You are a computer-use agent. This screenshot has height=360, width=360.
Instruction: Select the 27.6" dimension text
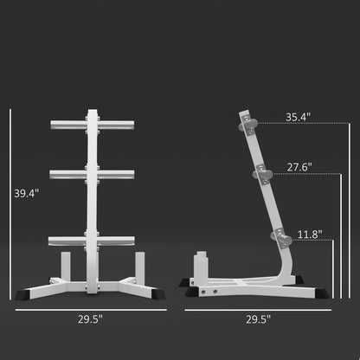(299, 167)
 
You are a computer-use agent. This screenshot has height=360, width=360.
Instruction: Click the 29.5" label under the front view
(89, 319)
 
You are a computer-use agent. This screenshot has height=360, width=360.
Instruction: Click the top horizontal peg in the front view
(89, 125)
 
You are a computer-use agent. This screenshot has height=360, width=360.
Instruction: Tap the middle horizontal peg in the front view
(89, 174)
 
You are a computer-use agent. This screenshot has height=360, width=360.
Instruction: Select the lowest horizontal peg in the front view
(89, 240)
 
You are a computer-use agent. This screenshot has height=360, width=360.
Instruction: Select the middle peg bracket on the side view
(260, 175)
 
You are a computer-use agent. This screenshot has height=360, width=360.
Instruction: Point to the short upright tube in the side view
(198, 264)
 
